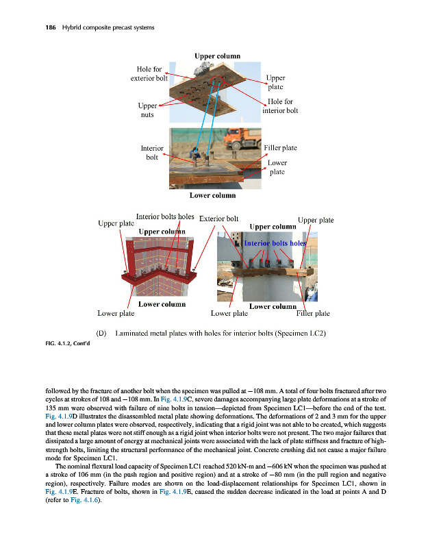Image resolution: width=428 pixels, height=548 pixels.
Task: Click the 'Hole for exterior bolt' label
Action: tap(149, 73)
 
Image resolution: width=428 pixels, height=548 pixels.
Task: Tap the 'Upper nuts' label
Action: tap(148, 110)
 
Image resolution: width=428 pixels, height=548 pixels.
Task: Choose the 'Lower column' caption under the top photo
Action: tap(212, 195)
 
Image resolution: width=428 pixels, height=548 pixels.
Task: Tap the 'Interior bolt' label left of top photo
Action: tap(151, 152)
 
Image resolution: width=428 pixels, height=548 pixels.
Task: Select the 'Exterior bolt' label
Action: tap(218, 219)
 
